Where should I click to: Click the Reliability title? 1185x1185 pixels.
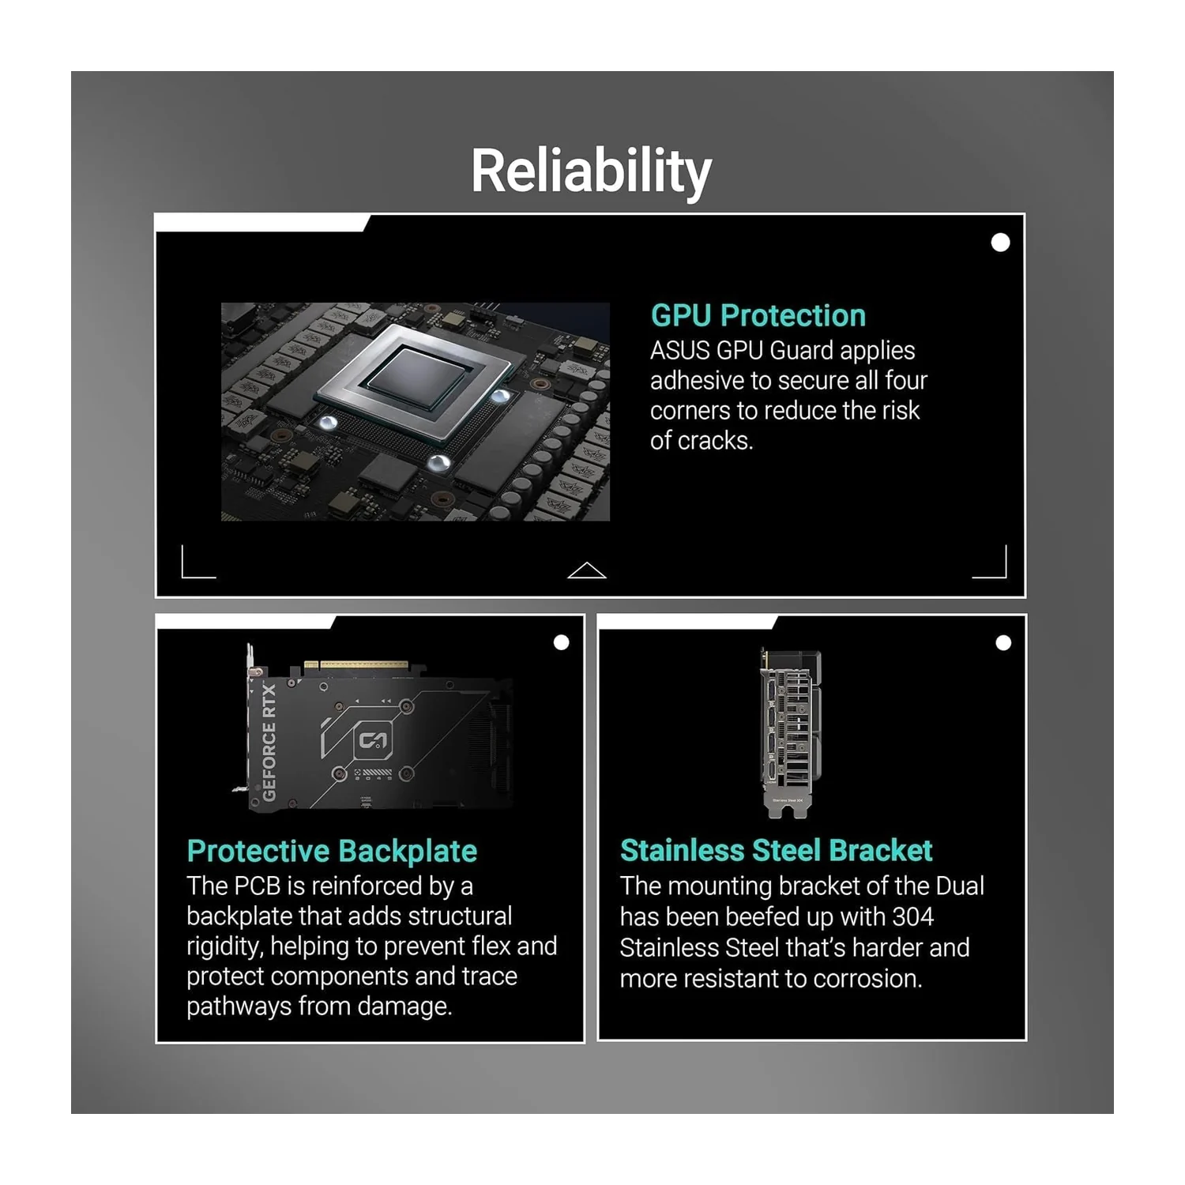[591, 171]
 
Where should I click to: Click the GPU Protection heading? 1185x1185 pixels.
[758, 315]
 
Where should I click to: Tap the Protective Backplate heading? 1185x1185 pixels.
[332, 852]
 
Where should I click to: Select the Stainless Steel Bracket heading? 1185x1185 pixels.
[777, 851]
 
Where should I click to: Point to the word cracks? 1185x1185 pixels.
[714, 440]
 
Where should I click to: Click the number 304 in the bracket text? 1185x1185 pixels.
[912, 916]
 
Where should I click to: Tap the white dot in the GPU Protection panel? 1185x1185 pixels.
[1000, 243]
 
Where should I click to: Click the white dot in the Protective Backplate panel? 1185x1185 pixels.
[562, 642]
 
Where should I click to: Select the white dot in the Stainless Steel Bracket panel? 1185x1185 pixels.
[1003, 643]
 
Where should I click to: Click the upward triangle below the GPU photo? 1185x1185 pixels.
[587, 570]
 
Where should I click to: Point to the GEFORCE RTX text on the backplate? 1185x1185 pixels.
[269, 743]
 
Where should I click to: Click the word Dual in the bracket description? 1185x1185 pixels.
[960, 886]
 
